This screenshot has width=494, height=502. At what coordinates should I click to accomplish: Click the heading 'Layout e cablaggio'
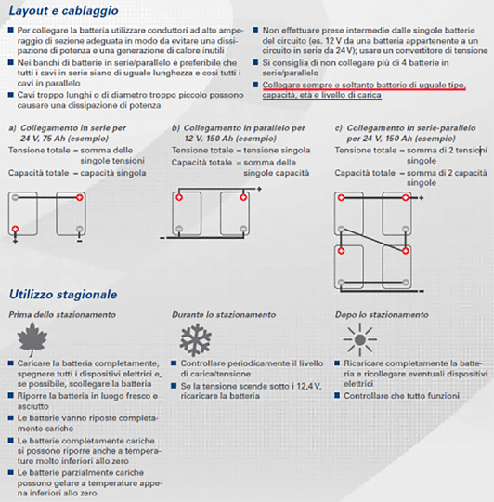(64, 11)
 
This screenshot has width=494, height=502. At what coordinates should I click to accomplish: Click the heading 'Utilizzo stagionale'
(63, 294)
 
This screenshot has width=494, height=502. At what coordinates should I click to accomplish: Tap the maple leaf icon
(32, 339)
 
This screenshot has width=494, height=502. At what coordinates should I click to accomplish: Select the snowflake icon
(195, 339)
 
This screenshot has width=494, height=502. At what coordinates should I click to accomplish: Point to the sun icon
(360, 339)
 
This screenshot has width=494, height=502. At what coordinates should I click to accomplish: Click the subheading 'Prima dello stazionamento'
(62, 315)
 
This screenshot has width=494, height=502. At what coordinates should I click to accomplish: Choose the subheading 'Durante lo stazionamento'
(224, 315)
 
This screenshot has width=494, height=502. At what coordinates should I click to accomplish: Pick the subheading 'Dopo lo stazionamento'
(382, 315)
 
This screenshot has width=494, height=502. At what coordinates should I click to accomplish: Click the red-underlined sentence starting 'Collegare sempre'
(364, 90)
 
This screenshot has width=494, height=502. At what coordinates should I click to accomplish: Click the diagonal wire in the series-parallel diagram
(373, 240)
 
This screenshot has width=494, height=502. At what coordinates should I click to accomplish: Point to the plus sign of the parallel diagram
(259, 190)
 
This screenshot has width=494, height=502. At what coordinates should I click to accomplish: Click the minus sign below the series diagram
(79, 241)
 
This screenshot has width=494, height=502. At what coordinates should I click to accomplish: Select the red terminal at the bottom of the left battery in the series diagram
(15, 229)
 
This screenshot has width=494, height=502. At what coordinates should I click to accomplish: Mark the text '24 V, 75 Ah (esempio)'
(64, 139)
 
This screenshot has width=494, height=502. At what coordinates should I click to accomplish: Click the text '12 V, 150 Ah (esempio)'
(230, 139)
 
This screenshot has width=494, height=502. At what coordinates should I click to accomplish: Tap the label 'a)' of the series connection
(12, 128)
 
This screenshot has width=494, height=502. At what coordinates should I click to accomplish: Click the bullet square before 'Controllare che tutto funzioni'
(337, 395)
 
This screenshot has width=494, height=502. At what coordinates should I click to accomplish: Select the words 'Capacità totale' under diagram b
(201, 163)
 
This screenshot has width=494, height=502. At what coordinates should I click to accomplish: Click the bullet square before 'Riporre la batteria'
(11, 395)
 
